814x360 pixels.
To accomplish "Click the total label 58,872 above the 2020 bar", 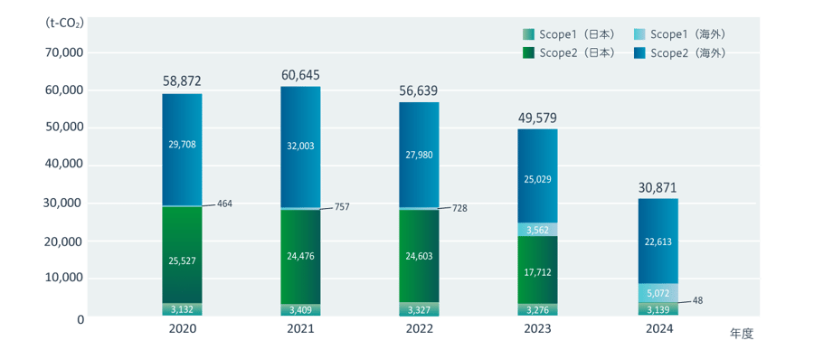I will coord(182,81).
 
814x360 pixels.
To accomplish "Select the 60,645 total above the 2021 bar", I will coord(300,74).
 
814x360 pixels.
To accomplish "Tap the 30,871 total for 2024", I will coord(658,187).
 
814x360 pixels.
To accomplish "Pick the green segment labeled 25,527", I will coord(182,261).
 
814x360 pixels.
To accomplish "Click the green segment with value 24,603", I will coord(419,258).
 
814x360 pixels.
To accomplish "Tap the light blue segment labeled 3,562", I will coord(537,230).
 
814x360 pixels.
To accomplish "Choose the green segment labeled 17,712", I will coord(537,270).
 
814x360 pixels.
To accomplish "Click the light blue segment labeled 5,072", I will coord(658,293).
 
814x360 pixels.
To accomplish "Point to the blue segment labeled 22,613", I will coord(658,242).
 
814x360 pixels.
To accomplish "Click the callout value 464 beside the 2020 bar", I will coord(224,204).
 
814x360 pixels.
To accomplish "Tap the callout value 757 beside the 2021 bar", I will coord(341,207).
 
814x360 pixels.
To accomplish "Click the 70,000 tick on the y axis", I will coord(63,52).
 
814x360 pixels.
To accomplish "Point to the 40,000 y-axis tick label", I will coord(63,166).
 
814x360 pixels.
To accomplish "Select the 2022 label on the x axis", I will coord(419,329).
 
